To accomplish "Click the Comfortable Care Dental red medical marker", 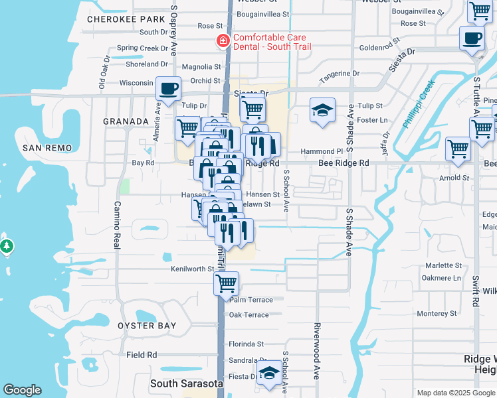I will tap(223, 42).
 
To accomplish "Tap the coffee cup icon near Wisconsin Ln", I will tap(169, 89).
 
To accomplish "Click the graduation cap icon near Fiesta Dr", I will tap(269, 373).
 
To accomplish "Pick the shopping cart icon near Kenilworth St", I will tap(226, 283).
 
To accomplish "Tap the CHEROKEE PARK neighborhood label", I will tap(126, 19).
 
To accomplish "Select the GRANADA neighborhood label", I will tap(126, 121).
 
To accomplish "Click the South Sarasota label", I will tap(186, 383).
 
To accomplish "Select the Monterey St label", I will tap(435, 313).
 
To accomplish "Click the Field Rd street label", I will tap(141, 355).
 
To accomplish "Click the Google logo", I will tap(22, 390).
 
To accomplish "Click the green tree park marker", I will tap(7, 247).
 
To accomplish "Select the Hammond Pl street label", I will tap(321, 151).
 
